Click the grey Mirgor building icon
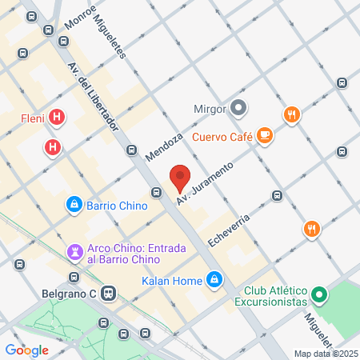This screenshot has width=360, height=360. tap(238, 108)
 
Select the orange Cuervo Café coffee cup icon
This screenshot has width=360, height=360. tap(265, 136)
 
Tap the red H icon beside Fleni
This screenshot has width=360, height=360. tap(57, 118)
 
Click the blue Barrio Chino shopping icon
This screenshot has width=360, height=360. tap(74, 205)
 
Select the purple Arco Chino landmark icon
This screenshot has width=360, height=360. tap(76, 253)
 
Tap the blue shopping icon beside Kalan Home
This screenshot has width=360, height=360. tap(214, 279)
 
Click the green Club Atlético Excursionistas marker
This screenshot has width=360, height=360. tap(318, 296)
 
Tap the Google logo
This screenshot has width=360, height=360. tap(27, 350)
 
